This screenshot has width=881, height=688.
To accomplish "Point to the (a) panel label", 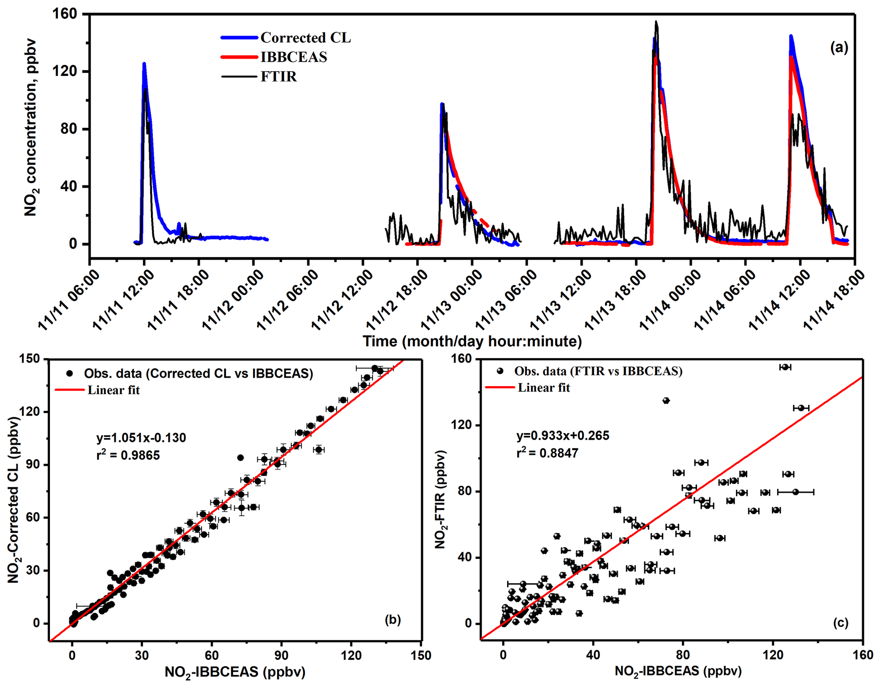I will coord(839,48).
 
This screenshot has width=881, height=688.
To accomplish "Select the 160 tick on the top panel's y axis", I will coord(65,14).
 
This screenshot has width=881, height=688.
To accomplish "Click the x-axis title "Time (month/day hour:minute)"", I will coord(472,341).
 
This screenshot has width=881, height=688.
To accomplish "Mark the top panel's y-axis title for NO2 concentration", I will coord(30,128).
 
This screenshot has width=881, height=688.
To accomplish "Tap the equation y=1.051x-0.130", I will coord(141,438).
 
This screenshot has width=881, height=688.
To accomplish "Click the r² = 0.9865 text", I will coord(128,455).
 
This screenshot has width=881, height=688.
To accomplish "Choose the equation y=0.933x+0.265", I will coord(563,436).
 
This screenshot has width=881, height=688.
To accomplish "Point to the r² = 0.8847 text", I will coord(547,453).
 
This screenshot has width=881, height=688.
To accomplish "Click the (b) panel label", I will coord(393,619).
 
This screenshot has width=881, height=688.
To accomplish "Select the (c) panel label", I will coord(841,623).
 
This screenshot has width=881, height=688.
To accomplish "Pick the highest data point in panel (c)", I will coord(785,367).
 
